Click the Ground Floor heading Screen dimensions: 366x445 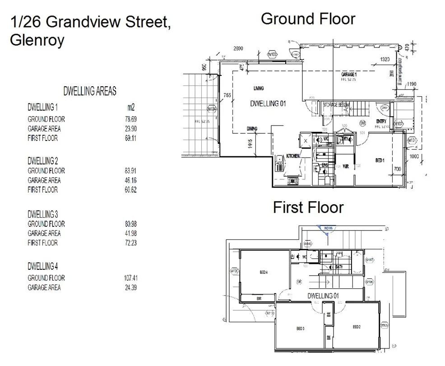tap(308, 19)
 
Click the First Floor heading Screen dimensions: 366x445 tap(308, 207)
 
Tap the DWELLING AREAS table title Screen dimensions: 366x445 tap(90, 91)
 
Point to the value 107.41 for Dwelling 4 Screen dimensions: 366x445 tap(129, 278)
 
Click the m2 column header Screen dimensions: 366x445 tap(130, 108)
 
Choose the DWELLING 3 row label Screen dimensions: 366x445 tap(43, 214)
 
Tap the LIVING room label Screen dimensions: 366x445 tap(258, 89)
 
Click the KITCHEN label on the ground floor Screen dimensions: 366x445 tap(293, 156)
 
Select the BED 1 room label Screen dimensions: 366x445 tap(380, 161)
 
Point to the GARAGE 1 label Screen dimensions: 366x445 tap(349, 74)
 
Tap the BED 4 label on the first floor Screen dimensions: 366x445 tap(264, 272)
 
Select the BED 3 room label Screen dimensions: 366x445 tap(301, 328)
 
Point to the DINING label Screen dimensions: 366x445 tap(252, 129)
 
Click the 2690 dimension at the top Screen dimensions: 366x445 tap(239, 48)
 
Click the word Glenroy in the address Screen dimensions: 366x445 tap(37, 40)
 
